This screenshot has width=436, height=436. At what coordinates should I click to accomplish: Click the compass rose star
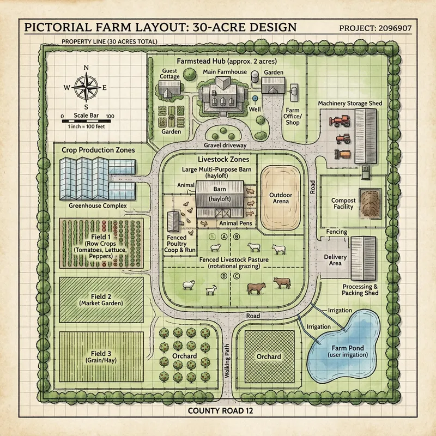click(x=86, y=87)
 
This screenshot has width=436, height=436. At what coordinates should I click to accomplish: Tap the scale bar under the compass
click(x=86, y=121)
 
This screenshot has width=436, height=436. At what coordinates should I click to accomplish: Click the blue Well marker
click(x=255, y=98)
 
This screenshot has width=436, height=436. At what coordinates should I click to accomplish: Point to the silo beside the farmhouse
click(x=255, y=77)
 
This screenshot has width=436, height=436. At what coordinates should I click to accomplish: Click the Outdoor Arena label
click(x=281, y=198)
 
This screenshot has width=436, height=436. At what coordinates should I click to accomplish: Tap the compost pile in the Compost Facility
click(x=371, y=203)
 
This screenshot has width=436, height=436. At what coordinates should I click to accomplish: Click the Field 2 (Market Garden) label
click(x=101, y=299)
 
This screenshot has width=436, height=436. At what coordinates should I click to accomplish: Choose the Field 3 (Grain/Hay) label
click(x=101, y=357)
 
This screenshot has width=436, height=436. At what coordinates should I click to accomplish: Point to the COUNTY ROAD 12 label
click(x=221, y=411)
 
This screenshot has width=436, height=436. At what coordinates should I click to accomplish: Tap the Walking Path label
click(x=227, y=361)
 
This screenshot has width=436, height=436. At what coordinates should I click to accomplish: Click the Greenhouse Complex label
click(x=98, y=206)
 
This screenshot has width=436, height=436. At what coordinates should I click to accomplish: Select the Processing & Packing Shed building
click(x=363, y=258)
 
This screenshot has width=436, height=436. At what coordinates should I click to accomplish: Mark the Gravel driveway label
click(x=225, y=145)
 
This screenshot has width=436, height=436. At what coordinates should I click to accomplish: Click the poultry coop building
click(x=173, y=221)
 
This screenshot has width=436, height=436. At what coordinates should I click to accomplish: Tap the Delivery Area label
click(x=335, y=260)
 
